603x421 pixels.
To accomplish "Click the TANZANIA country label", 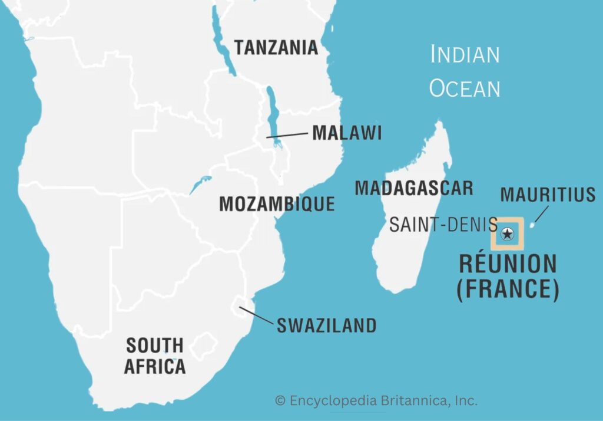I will pos(276,47).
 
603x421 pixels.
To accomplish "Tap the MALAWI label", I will pos(347,133).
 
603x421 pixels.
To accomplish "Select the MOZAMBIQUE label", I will pos(277,204).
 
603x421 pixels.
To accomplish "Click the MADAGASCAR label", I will pos(413,188).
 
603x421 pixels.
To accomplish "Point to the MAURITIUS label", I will pos(548,195).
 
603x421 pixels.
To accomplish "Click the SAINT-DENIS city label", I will pos(443,224).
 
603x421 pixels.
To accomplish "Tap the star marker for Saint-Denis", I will pos(507,234).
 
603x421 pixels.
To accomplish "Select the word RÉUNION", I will pos(508,264).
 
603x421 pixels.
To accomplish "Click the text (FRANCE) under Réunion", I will pos(508,289).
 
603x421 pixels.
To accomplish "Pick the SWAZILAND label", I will pos(326,325).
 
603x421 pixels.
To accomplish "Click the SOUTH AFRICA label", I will pos(155,355).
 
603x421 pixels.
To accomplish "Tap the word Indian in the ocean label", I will pos(465,54).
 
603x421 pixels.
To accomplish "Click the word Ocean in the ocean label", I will pos(465,88).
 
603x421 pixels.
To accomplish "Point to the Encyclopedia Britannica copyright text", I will pos(376,401).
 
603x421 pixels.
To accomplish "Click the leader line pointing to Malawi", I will pos(287,135).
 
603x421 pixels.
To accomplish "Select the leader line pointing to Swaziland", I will pos(257,315).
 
